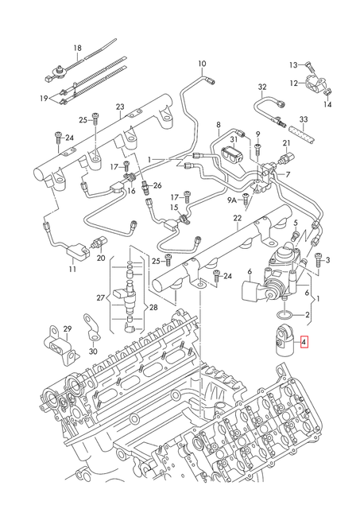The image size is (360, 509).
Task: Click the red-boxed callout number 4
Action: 306,343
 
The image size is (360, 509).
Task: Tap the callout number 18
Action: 78,49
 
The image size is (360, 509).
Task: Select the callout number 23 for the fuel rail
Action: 120,107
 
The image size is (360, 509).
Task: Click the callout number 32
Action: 262,86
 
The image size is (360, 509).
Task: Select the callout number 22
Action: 237,218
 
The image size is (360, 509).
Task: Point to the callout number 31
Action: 234,140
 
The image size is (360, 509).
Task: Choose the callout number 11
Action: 72,270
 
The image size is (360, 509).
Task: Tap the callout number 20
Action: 101,258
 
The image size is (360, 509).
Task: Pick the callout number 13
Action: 292,64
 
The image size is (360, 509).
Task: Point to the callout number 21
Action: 287,143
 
